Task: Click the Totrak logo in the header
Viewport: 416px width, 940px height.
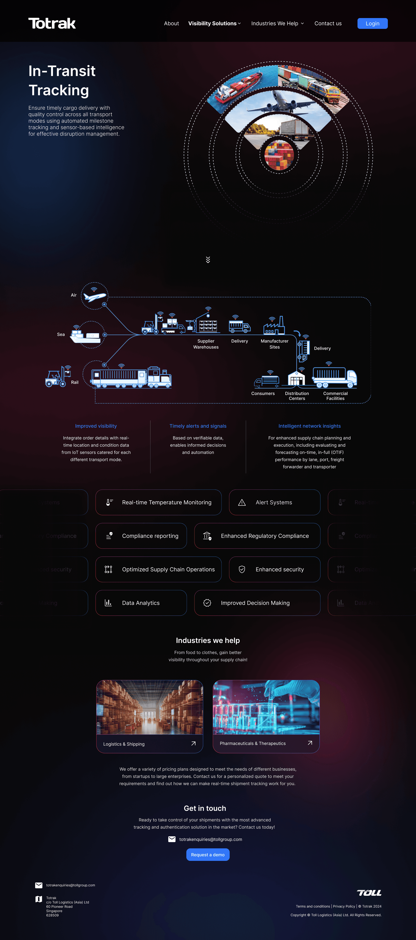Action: (x=52, y=23)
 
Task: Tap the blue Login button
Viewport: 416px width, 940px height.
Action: (x=372, y=23)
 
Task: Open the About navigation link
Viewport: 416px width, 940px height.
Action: (x=171, y=23)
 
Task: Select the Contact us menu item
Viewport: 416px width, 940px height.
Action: (x=328, y=23)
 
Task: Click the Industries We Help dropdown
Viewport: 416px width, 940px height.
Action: (x=277, y=23)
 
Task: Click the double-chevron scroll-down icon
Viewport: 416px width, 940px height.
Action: (x=208, y=260)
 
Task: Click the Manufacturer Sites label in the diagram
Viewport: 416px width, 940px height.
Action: (x=274, y=344)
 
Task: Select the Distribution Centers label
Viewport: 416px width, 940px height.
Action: (x=297, y=396)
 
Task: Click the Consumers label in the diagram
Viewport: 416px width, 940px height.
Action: (x=263, y=393)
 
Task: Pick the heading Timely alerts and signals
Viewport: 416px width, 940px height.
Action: (x=198, y=426)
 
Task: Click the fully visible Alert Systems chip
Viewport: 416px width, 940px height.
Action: (x=274, y=502)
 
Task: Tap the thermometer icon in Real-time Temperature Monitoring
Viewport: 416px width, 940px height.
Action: (x=109, y=502)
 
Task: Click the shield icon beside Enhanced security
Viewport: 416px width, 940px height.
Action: (x=242, y=569)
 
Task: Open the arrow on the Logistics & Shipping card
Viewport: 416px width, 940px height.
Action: (x=193, y=743)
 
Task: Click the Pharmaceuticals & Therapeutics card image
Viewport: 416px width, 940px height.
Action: (x=266, y=707)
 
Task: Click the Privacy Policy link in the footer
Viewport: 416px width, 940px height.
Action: (x=344, y=906)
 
